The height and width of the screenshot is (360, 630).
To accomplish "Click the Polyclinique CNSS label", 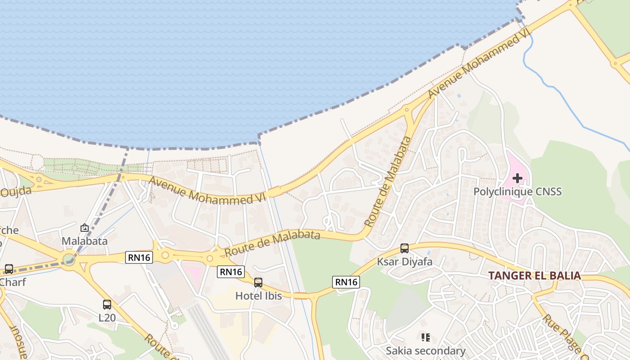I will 517,192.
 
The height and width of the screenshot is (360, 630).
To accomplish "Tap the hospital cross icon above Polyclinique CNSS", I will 517,178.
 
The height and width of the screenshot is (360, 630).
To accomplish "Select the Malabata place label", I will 85,241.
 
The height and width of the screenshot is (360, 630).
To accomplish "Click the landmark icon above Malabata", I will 85,228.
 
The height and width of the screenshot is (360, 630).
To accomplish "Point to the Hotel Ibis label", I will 259,296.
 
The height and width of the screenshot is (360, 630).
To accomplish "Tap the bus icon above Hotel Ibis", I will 258,283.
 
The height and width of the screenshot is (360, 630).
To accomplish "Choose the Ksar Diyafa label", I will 405,261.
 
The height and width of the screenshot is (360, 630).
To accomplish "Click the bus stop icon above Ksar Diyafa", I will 405,248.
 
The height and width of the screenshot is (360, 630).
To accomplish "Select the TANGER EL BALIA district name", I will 535,276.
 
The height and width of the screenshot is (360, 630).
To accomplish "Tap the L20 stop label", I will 107,318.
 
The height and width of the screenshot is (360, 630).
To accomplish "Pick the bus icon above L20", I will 107,305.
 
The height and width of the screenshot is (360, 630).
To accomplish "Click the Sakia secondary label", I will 426,351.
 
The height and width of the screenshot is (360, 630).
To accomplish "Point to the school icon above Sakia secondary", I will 426,337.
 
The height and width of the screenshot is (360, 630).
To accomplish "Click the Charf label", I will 13,283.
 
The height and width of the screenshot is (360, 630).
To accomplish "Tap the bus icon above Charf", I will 9,270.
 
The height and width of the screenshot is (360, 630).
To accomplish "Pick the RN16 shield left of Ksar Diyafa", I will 346,282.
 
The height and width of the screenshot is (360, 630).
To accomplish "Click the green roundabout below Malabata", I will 69,259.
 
